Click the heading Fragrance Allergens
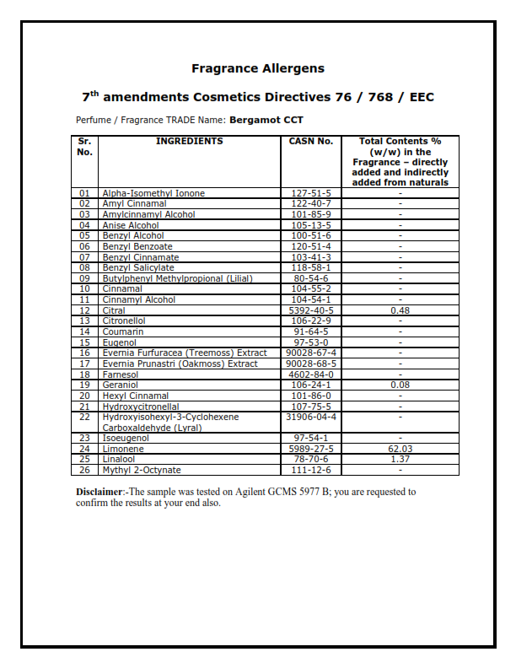coord(257,68)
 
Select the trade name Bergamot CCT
coord(266,121)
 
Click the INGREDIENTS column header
coord(190,142)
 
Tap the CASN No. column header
coord(311,142)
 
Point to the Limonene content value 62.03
coord(400,449)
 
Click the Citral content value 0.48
coord(400,310)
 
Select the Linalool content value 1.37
coord(400,460)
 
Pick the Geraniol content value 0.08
coord(400,385)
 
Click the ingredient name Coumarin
coord(122,331)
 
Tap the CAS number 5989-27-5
coord(311,449)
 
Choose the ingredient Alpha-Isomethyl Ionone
coord(153,193)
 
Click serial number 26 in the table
coord(84,470)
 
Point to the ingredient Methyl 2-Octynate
coord(142,470)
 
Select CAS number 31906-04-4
coord(311,417)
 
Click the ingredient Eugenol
coord(120,342)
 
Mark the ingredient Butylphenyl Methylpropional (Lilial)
coord(178,278)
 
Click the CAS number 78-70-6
coord(311,460)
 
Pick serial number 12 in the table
coord(84,310)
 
